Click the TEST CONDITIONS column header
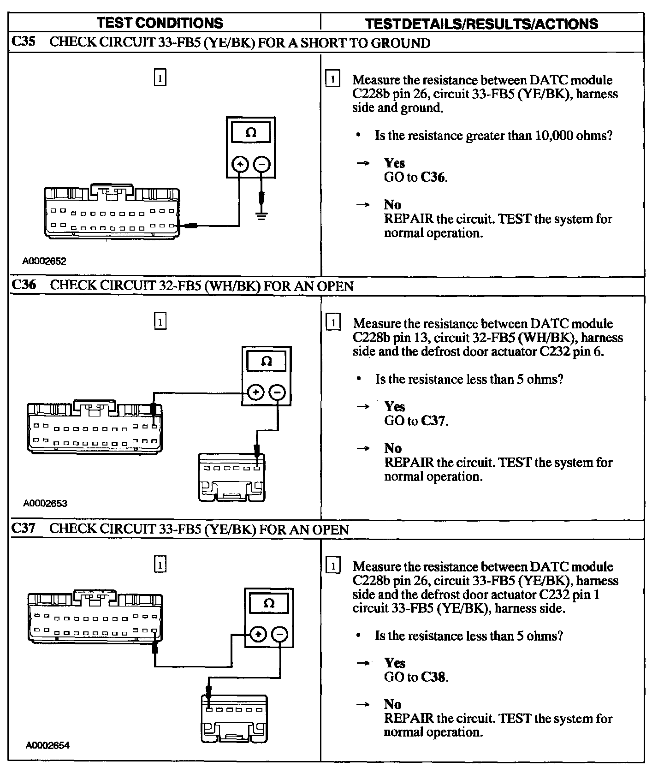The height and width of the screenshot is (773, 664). pyautogui.click(x=160, y=23)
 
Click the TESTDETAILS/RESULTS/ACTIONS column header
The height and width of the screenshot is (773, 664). pyautogui.click(x=481, y=24)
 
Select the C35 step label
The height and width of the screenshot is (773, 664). pyautogui.click(x=23, y=42)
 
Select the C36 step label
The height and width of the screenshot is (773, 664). pyautogui.click(x=24, y=285)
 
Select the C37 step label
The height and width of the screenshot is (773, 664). pyautogui.click(x=23, y=528)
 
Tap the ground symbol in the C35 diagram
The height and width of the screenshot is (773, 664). pyautogui.click(x=261, y=215)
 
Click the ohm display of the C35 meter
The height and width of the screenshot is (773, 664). pyautogui.click(x=251, y=133)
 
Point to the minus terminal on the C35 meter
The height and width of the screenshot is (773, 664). pyautogui.click(x=262, y=164)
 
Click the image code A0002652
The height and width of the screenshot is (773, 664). pyautogui.click(x=44, y=261)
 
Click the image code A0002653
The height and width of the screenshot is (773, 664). pyautogui.click(x=45, y=503)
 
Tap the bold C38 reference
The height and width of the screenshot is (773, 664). pyautogui.click(x=434, y=677)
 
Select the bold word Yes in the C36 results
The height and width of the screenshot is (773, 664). pyautogui.click(x=395, y=406)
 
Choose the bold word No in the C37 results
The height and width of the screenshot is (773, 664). pyautogui.click(x=392, y=704)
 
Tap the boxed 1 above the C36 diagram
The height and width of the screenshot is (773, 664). pyautogui.click(x=160, y=321)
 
